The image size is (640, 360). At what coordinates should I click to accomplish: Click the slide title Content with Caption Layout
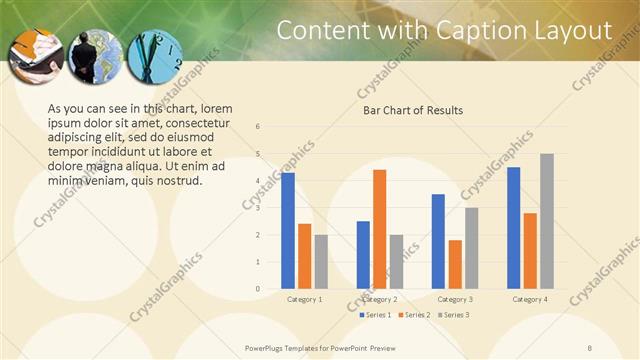click(x=443, y=30)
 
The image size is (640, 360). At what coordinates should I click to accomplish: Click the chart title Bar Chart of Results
click(x=413, y=110)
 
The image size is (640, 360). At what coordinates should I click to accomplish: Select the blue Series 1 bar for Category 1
click(x=288, y=231)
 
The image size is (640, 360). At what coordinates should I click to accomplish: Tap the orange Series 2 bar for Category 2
click(x=379, y=229)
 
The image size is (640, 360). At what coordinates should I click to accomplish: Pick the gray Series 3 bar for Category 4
click(x=546, y=221)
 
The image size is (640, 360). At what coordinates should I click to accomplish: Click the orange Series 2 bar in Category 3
click(x=455, y=264)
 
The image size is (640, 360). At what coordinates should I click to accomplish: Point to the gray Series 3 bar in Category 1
click(x=321, y=262)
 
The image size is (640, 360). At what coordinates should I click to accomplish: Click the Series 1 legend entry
click(x=375, y=315)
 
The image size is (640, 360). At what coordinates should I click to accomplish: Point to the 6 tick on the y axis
click(x=258, y=127)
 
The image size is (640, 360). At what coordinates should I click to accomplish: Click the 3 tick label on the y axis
click(x=258, y=208)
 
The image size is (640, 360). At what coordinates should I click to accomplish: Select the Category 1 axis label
click(x=304, y=299)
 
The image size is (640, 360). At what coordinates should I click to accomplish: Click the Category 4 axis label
click(x=529, y=299)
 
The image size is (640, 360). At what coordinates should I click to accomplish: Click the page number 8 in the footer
click(x=618, y=347)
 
